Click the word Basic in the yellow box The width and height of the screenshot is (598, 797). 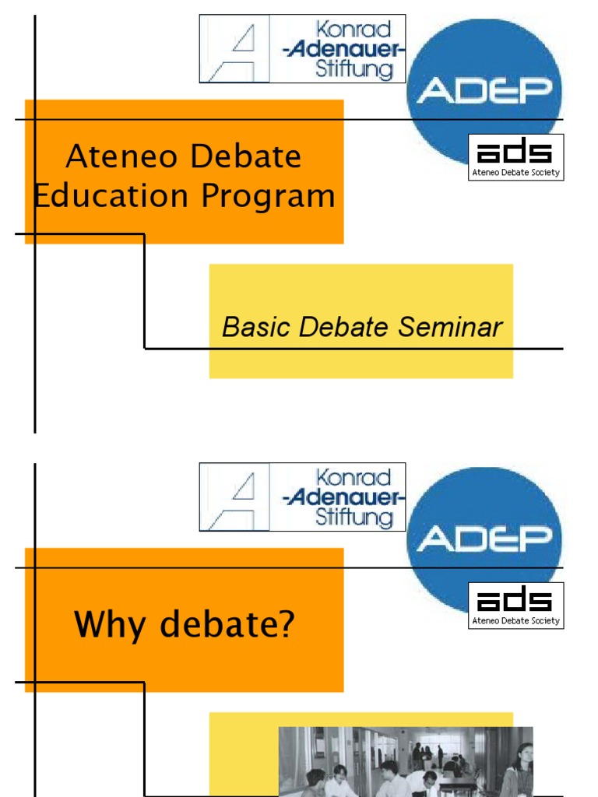click(x=250, y=328)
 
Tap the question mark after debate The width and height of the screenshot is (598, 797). click(x=287, y=625)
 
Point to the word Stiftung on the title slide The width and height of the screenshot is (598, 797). click(x=354, y=70)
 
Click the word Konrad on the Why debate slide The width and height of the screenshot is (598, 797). click(x=353, y=477)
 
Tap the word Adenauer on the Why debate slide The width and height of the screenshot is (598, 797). click(x=344, y=497)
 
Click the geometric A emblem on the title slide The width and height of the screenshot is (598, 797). click(x=234, y=49)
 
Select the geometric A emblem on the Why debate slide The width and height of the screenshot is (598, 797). click(x=234, y=497)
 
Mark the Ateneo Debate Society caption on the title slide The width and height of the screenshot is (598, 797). click(x=515, y=173)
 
